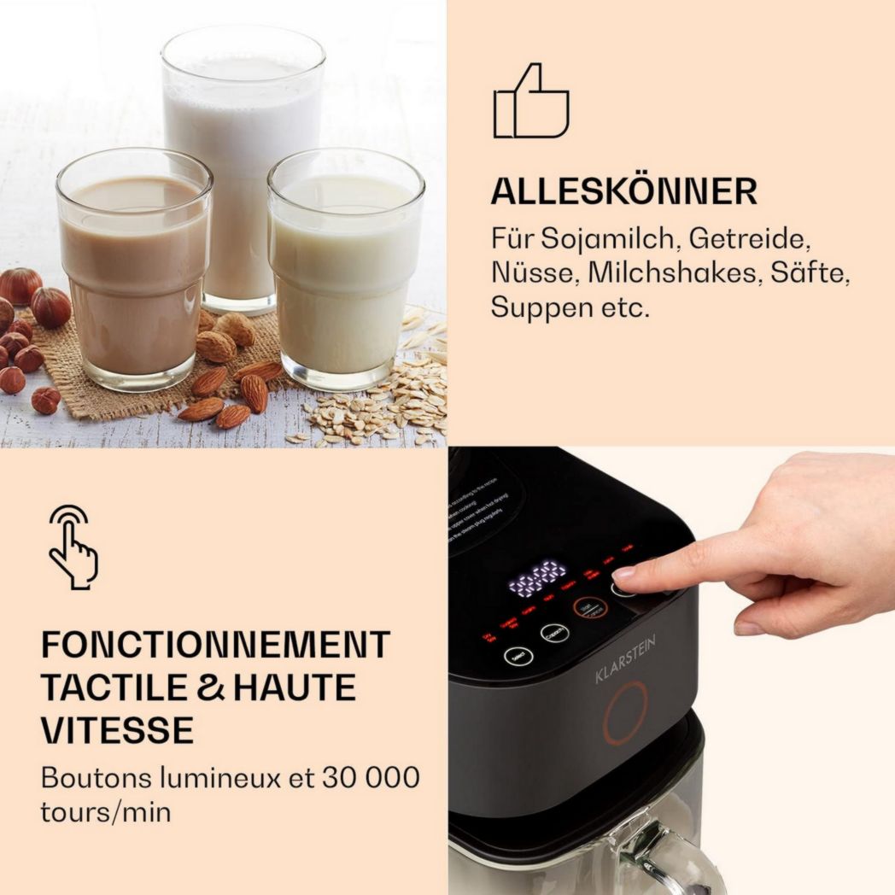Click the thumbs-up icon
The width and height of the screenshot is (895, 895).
(x=530, y=102)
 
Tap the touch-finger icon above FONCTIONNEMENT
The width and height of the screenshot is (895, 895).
(x=73, y=546)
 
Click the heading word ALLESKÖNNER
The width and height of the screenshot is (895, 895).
(x=623, y=192)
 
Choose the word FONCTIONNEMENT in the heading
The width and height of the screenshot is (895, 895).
(x=215, y=646)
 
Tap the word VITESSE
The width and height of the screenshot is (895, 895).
(x=117, y=731)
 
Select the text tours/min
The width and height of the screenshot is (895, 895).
(x=105, y=811)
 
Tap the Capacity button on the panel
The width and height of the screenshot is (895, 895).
(x=554, y=633)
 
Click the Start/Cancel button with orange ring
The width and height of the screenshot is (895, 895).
(x=589, y=608)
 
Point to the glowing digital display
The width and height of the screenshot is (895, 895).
(x=537, y=578)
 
